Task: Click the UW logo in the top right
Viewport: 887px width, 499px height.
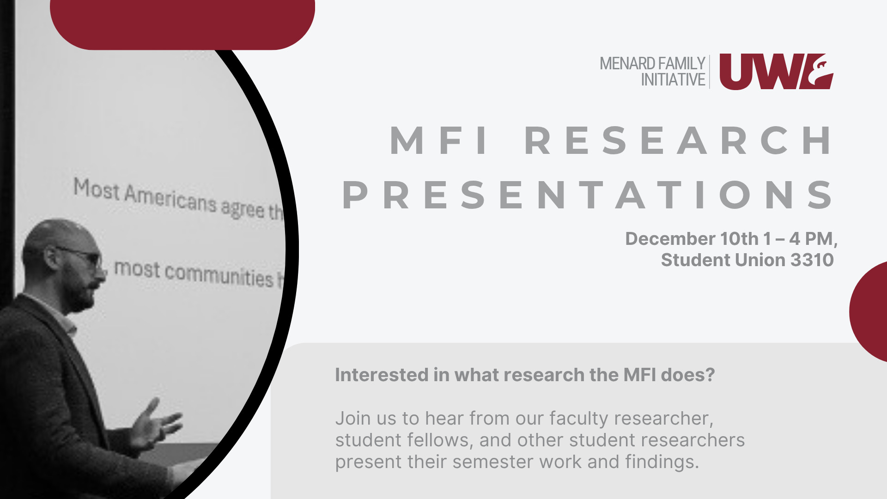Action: [x=776, y=72]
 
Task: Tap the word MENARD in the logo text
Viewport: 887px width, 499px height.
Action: [x=627, y=63]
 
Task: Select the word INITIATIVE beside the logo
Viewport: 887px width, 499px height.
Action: [x=673, y=79]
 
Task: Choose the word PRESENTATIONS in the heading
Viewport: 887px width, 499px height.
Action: [x=588, y=195]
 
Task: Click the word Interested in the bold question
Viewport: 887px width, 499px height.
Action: [x=382, y=375]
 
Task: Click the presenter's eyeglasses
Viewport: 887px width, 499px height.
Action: [x=82, y=257]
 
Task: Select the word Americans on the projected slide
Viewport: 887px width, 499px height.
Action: [x=170, y=199]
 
